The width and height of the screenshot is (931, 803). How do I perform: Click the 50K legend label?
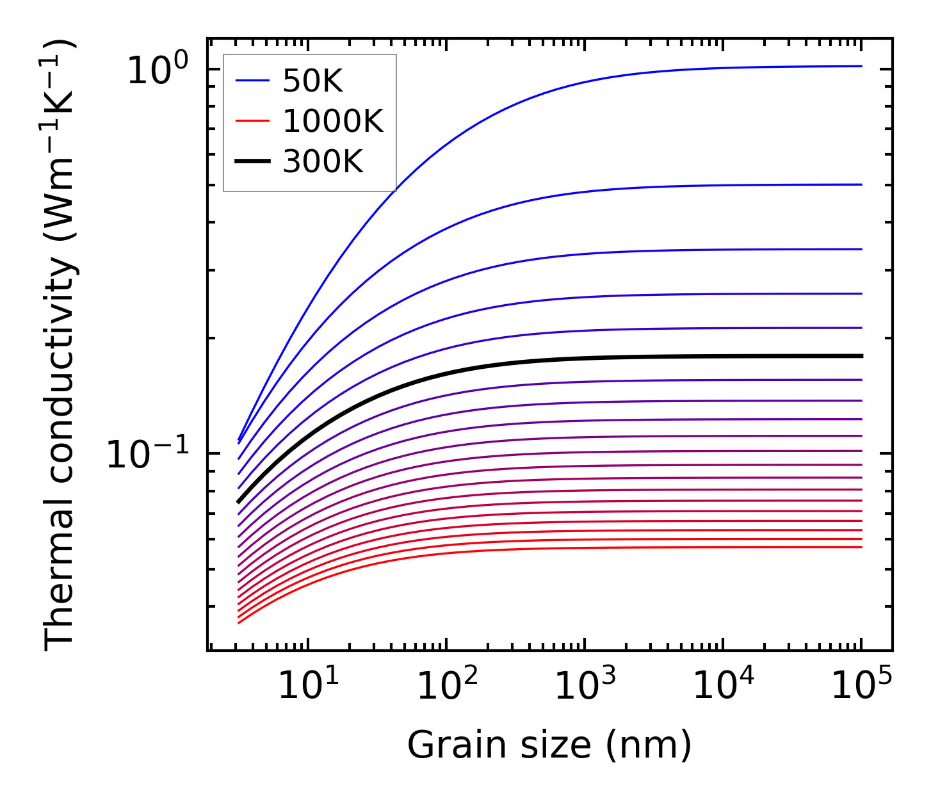(x=313, y=81)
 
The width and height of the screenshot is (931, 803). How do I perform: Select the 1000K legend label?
(x=333, y=122)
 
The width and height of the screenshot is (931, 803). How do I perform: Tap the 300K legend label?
(x=323, y=162)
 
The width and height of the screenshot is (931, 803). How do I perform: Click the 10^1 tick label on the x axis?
(x=308, y=686)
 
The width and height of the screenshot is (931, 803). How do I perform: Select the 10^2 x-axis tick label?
(x=446, y=686)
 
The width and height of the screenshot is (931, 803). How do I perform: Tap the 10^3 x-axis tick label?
(x=585, y=686)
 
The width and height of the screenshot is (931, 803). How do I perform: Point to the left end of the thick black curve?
(x=238, y=502)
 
